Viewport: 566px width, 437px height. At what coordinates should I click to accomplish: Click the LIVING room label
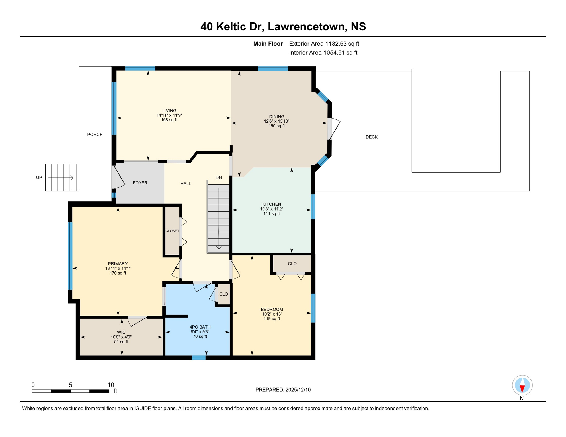[169, 110]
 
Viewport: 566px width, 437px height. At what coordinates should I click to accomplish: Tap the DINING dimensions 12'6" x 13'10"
[276, 121]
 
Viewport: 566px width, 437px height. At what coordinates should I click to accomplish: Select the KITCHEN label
[271, 204]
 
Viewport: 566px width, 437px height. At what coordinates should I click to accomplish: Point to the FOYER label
[140, 183]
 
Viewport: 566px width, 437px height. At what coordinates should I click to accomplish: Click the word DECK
[371, 137]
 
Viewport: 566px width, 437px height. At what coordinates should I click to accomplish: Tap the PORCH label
[95, 134]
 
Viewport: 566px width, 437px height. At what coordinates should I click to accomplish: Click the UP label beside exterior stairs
[39, 177]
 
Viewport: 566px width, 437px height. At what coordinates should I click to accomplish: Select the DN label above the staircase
[218, 178]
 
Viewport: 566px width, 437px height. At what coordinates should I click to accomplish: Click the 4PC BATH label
[200, 327]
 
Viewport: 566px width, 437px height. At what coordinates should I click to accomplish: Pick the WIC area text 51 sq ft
[121, 341]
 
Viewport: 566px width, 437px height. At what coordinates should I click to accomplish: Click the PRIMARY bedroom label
[118, 263]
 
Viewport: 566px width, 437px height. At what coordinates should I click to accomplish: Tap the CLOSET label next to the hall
[172, 231]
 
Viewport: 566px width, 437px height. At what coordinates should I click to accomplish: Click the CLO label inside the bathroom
[223, 294]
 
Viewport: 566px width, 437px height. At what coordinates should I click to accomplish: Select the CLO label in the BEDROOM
[292, 263]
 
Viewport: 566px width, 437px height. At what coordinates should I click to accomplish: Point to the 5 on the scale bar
[70, 385]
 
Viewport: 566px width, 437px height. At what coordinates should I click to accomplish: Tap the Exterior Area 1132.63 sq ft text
[324, 44]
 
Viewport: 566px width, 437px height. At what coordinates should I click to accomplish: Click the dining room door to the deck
[333, 129]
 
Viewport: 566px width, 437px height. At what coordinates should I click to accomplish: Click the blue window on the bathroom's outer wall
[198, 358]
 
